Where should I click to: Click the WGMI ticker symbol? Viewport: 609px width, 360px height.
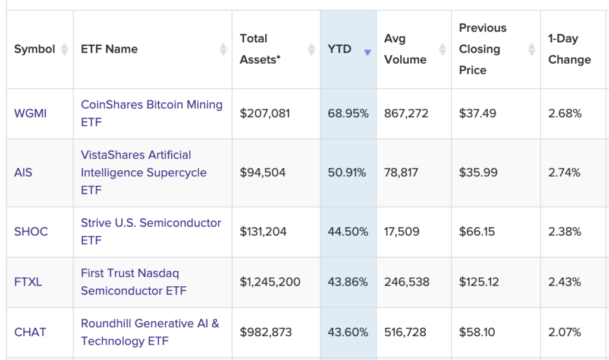30,113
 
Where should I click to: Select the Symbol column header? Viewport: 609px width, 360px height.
34,49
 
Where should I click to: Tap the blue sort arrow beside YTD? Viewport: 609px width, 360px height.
367,52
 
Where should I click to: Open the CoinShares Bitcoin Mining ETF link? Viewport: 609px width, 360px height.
151,113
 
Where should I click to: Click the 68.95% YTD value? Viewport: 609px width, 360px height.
348,113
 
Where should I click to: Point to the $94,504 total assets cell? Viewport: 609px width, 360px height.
262,173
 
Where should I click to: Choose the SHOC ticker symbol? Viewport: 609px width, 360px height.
31,231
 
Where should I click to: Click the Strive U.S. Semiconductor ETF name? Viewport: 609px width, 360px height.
150,231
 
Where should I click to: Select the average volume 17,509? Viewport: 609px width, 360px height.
401,231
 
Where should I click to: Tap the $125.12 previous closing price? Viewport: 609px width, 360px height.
479,282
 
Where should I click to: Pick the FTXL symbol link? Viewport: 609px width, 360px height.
28,282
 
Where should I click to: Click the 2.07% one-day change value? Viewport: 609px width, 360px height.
564,332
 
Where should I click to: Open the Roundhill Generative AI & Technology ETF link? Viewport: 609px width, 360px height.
150,332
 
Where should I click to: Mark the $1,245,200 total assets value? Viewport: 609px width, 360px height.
270,282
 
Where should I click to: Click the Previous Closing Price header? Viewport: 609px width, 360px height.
482,49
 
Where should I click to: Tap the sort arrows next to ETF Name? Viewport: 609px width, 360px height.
223,49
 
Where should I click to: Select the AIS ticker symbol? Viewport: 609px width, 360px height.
23,173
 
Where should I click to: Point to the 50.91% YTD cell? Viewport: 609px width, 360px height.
347,173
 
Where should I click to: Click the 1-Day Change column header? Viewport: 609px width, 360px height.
569,49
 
